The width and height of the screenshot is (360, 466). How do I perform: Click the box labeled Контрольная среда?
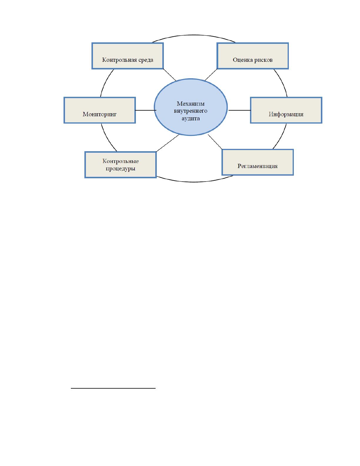[128, 56]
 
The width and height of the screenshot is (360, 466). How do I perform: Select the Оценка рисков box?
[253, 56]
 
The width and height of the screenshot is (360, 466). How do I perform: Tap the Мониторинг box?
[100, 110]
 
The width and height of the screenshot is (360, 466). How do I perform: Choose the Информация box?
[286, 110]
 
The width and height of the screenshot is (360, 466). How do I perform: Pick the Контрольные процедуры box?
[121, 165]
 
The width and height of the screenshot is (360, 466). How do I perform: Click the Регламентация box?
[258, 162]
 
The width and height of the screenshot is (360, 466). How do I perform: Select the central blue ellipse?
[191, 107]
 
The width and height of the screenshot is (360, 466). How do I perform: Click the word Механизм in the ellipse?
[191, 104]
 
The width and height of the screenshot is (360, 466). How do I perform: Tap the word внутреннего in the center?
[191, 111]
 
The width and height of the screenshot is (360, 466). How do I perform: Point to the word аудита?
[191, 118]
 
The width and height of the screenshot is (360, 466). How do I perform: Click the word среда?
[146, 60]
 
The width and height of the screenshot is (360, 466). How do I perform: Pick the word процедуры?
[121, 169]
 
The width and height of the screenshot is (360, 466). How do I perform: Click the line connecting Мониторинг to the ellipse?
[146, 110]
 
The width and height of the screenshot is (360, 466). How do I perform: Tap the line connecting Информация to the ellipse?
[239, 110]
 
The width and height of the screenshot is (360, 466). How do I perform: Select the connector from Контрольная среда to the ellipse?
[169, 75]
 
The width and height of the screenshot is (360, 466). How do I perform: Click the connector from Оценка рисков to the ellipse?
[211, 75]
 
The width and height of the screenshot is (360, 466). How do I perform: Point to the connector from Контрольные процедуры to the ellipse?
[168, 143]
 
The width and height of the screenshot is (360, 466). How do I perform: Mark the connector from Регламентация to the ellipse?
[215, 142]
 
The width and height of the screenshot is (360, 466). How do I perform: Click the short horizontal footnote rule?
[113, 388]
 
